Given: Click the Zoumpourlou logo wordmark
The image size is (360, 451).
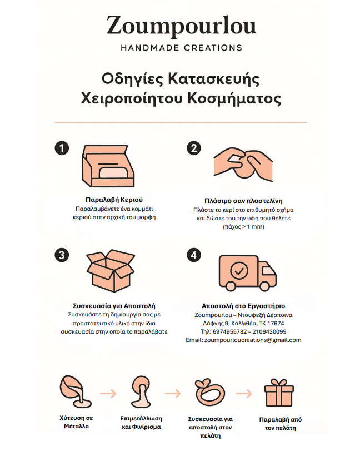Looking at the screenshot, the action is pyautogui.click(x=181, y=26).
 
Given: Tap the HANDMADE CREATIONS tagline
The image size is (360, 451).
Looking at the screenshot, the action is pyautogui.click(x=181, y=48).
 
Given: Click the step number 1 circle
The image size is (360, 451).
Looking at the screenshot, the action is pyautogui.click(x=62, y=148).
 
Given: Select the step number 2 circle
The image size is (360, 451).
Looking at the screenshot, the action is pyautogui.click(x=194, y=148).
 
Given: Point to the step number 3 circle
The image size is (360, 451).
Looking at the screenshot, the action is pyautogui.click(x=62, y=255).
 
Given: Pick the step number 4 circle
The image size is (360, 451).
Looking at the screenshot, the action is pyautogui.click(x=194, y=255).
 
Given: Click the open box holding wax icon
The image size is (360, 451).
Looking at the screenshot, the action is pyautogui.click(x=108, y=166).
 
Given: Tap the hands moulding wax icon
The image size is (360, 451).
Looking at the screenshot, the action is pyautogui.click(x=243, y=165).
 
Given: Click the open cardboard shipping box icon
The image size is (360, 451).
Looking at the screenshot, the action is pyautogui.click(x=111, y=271).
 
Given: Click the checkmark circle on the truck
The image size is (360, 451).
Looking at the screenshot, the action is pyautogui.click(x=239, y=271).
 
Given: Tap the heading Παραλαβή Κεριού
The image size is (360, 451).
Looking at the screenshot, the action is pyautogui.click(x=114, y=200).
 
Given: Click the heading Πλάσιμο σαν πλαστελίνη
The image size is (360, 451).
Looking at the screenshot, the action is pyautogui.click(x=243, y=201).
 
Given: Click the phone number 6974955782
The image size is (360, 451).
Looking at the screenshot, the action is pyautogui.click(x=229, y=331).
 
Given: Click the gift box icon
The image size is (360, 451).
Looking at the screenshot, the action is pyautogui.click(x=279, y=393).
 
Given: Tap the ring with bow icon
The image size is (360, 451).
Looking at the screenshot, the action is pyautogui.click(x=210, y=393).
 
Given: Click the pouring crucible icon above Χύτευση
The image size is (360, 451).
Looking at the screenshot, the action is pyautogui.click(x=75, y=391).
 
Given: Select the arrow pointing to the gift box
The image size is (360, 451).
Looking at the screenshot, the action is pyautogui.click(x=244, y=393).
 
